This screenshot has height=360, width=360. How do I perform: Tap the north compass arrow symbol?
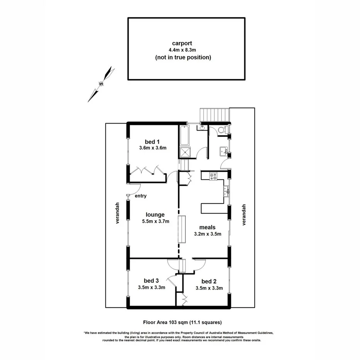tap(101, 83)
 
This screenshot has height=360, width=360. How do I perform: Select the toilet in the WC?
tap(222, 130)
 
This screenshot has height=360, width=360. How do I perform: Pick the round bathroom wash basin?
tap(202, 127)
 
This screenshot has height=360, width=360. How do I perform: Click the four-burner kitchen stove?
tap(213, 177)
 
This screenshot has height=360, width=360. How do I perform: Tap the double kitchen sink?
tap(226, 190)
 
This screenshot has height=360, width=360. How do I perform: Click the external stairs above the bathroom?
tap(214, 115)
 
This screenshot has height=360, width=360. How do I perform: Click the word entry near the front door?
tap(141, 196)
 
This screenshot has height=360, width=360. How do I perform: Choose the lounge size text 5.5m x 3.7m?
tap(155, 222)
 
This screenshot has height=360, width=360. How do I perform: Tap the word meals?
tap(207, 227)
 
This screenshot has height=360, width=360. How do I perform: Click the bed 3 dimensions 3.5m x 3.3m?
tap(151, 287)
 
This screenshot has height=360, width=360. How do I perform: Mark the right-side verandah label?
tap(243, 215)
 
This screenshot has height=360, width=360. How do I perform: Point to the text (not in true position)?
tap(183, 58)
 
